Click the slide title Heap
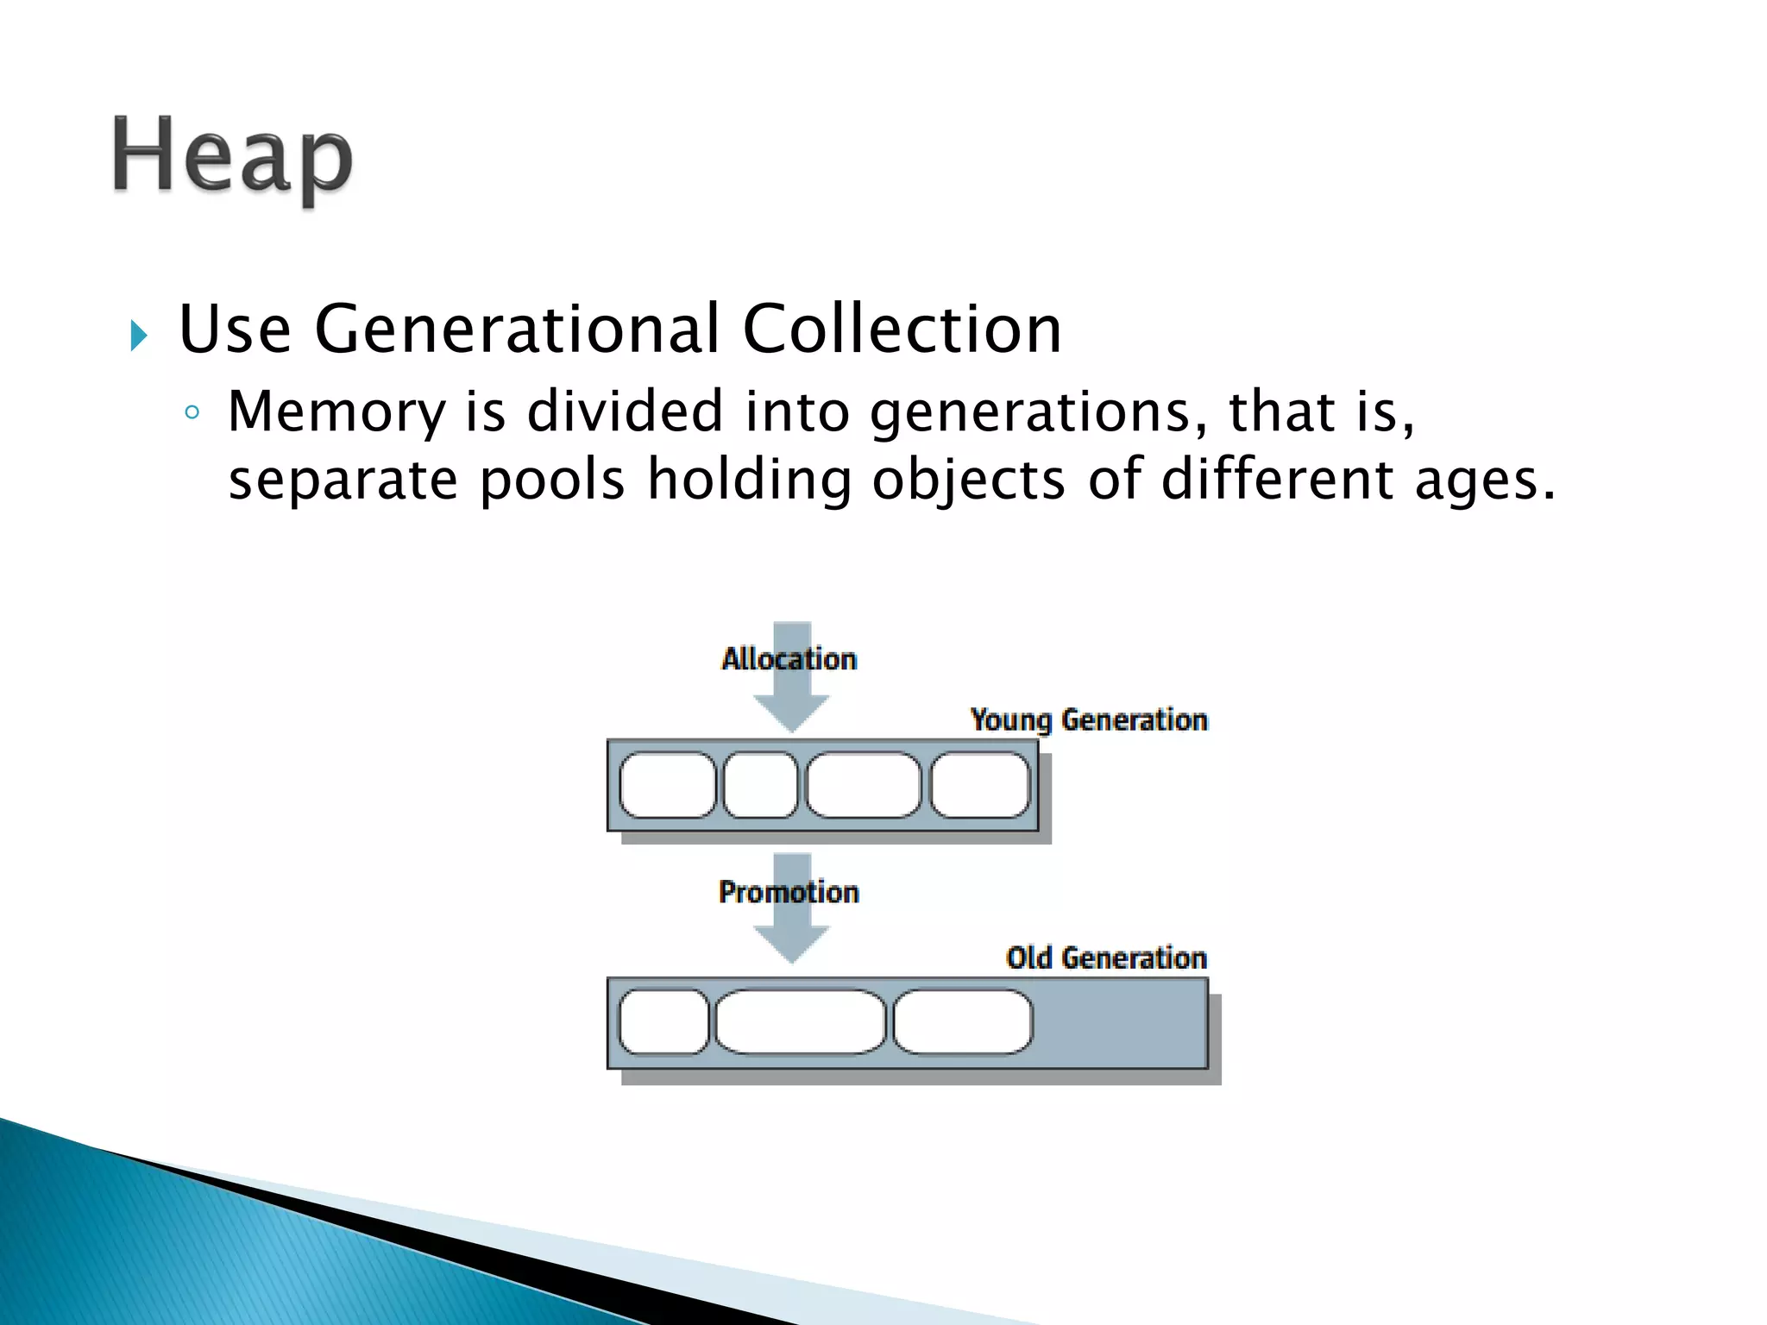(x=232, y=157)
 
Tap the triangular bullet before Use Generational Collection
(x=139, y=335)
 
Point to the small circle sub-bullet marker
(x=192, y=413)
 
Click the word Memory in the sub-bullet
(x=336, y=411)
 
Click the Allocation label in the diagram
(x=789, y=659)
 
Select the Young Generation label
(x=1089, y=719)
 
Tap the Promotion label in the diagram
(x=789, y=891)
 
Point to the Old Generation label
(x=1106, y=958)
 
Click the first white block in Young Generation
(x=668, y=785)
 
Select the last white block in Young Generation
(x=980, y=785)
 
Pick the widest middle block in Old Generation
(x=801, y=1022)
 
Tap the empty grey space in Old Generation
(x=1120, y=1023)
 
